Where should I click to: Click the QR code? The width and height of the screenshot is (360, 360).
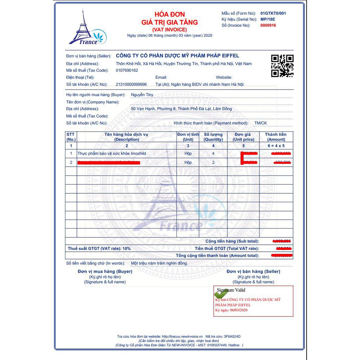tap(282, 66)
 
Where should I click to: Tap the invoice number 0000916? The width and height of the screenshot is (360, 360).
tap(268, 25)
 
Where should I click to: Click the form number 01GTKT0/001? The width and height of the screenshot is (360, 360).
tap(273, 13)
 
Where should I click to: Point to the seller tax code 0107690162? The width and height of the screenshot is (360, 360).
tap(127, 70)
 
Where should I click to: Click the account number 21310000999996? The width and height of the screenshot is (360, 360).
tap(131, 84)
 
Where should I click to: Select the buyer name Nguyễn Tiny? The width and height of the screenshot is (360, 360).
tap(142, 95)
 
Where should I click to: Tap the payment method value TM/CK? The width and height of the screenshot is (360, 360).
tap(261, 123)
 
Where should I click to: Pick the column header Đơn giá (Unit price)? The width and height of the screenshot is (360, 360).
tap(243, 137)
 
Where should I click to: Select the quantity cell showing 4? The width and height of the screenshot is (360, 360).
tap(213, 154)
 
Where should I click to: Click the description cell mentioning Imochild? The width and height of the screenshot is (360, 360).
tap(112, 154)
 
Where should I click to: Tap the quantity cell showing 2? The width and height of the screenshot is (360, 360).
tap(213, 162)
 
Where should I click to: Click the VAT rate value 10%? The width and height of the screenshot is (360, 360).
tap(127, 249)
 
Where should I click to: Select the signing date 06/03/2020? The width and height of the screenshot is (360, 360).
tap(239, 310)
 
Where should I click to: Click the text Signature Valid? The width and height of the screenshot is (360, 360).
tap(231, 290)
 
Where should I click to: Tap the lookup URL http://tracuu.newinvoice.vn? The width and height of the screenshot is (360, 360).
tap(182, 336)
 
